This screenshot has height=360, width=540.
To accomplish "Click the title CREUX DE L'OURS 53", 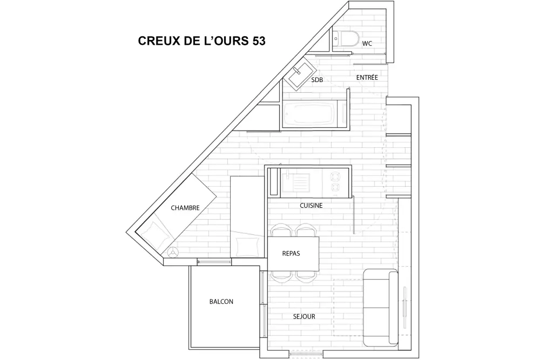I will [201, 42].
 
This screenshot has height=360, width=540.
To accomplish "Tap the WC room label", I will [367, 43].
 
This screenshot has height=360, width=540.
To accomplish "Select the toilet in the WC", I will [345, 39].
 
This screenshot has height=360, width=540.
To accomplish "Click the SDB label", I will [317, 80].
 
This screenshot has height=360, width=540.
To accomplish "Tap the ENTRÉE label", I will [367, 78].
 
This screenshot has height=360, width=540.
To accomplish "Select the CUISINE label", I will [311, 206].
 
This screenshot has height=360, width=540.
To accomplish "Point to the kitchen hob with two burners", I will [336, 181].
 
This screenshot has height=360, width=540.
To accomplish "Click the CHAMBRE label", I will [185, 208].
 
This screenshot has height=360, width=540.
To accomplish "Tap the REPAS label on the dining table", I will [291, 253].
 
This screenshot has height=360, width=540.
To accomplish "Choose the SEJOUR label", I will [305, 317].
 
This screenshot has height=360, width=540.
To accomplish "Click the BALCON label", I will [221, 302].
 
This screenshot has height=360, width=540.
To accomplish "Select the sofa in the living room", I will [380, 308].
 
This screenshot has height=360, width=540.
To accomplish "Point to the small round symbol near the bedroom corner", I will [173, 252].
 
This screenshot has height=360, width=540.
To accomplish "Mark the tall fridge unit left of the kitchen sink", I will [273, 181].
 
